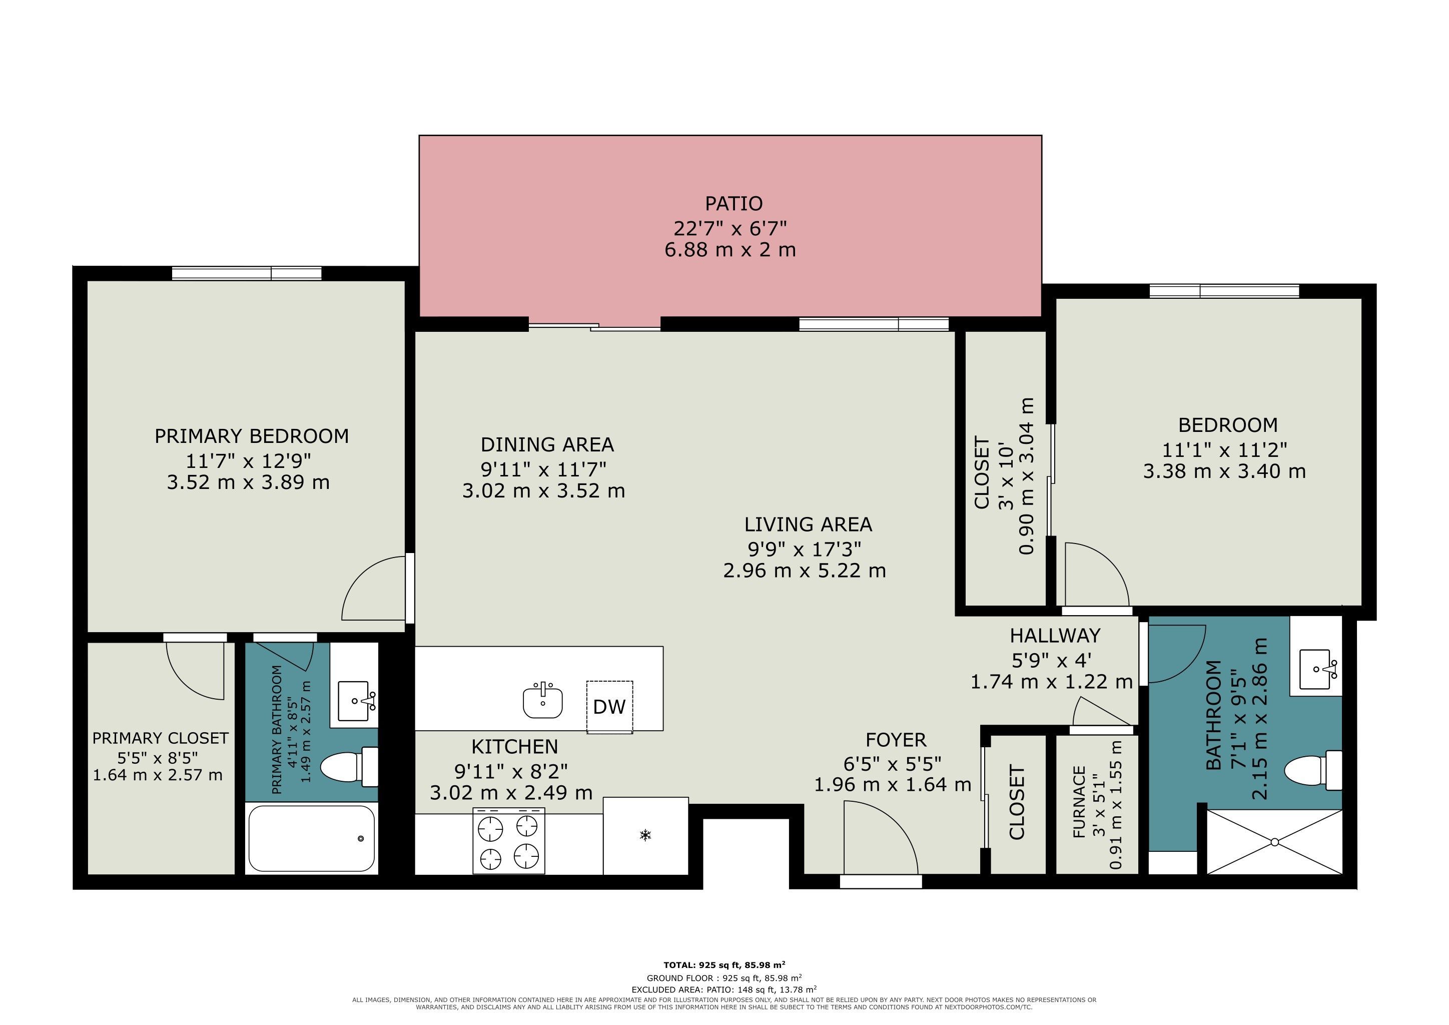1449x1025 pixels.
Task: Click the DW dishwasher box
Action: coord(609,707)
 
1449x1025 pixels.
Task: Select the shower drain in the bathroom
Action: coord(1274,842)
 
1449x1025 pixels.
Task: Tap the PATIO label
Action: coord(734,203)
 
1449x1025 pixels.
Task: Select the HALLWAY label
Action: coord(1055,635)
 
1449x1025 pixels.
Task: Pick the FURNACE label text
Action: coord(1079,802)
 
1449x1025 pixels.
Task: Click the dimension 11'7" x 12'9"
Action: coord(249,460)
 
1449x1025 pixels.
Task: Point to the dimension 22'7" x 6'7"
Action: coord(730,227)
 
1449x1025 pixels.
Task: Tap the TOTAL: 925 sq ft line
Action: coord(724,964)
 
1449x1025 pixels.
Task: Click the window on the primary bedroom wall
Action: coord(247,273)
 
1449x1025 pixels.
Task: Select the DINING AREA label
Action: coord(547,444)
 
